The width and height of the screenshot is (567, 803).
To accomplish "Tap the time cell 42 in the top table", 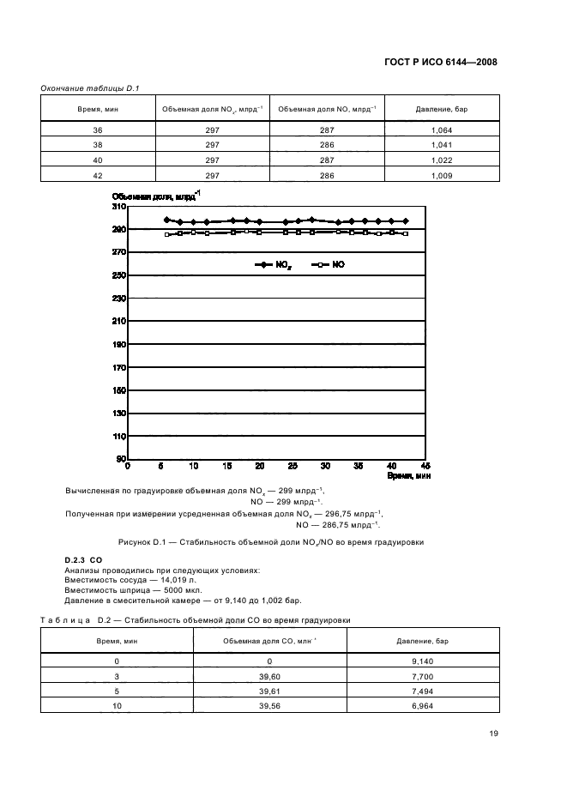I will (x=97, y=176).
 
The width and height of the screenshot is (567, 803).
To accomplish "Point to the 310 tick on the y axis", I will (x=118, y=207).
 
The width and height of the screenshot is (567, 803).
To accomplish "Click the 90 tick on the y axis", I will (x=121, y=459).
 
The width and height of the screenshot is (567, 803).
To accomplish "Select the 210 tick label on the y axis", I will (x=118, y=321).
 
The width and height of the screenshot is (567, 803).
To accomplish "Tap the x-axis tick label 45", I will (x=424, y=466).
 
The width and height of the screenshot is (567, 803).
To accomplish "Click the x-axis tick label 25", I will (x=293, y=466).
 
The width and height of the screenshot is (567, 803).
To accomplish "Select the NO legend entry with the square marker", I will (x=328, y=266).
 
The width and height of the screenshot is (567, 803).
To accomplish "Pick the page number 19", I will (x=492, y=734).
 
